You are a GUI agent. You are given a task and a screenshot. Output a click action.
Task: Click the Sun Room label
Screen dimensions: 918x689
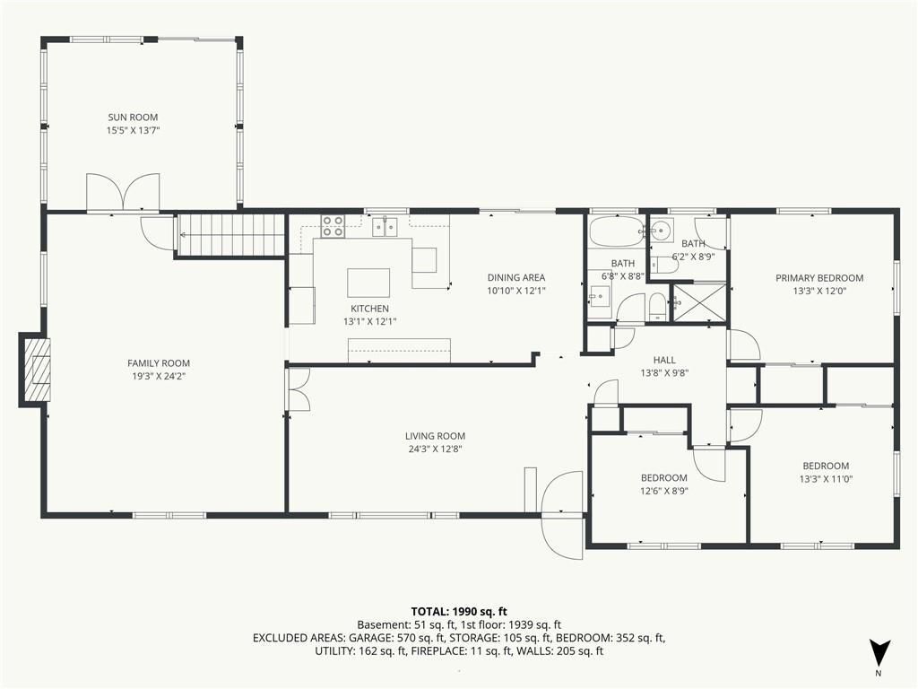pos(133,118)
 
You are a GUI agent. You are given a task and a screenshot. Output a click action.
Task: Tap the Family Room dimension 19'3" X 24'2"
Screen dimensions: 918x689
pos(159,376)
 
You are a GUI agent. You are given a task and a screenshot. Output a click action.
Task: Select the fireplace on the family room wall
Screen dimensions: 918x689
pos(35,370)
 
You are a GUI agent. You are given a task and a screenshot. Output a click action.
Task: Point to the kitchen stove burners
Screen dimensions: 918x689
pos(333,226)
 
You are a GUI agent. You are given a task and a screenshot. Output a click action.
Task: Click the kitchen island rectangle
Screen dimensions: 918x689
pos(368,283)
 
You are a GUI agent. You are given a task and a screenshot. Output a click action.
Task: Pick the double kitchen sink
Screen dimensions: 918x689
pos(385,226)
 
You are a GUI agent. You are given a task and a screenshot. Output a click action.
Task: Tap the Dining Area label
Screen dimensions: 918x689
pos(516,278)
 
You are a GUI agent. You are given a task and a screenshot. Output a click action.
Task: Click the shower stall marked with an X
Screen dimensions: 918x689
pos(699,302)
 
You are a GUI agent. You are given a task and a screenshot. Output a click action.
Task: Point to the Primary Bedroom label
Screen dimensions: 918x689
pos(819,278)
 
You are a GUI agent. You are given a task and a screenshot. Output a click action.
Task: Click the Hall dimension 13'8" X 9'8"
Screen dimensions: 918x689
pos(664,372)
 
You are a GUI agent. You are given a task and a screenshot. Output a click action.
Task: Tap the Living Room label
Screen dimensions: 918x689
pos(435,436)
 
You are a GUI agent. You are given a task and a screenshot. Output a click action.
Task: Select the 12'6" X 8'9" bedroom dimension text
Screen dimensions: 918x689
pos(664,491)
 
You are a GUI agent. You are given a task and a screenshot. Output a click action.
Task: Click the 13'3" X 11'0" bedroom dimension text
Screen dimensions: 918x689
pos(826,479)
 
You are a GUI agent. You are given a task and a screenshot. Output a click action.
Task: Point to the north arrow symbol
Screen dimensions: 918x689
pos(879,651)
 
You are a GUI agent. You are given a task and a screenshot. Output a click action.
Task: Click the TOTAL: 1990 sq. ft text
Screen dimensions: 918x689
pos(459,612)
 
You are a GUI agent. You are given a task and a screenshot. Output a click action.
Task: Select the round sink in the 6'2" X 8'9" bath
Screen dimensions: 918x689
pos(661,229)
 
